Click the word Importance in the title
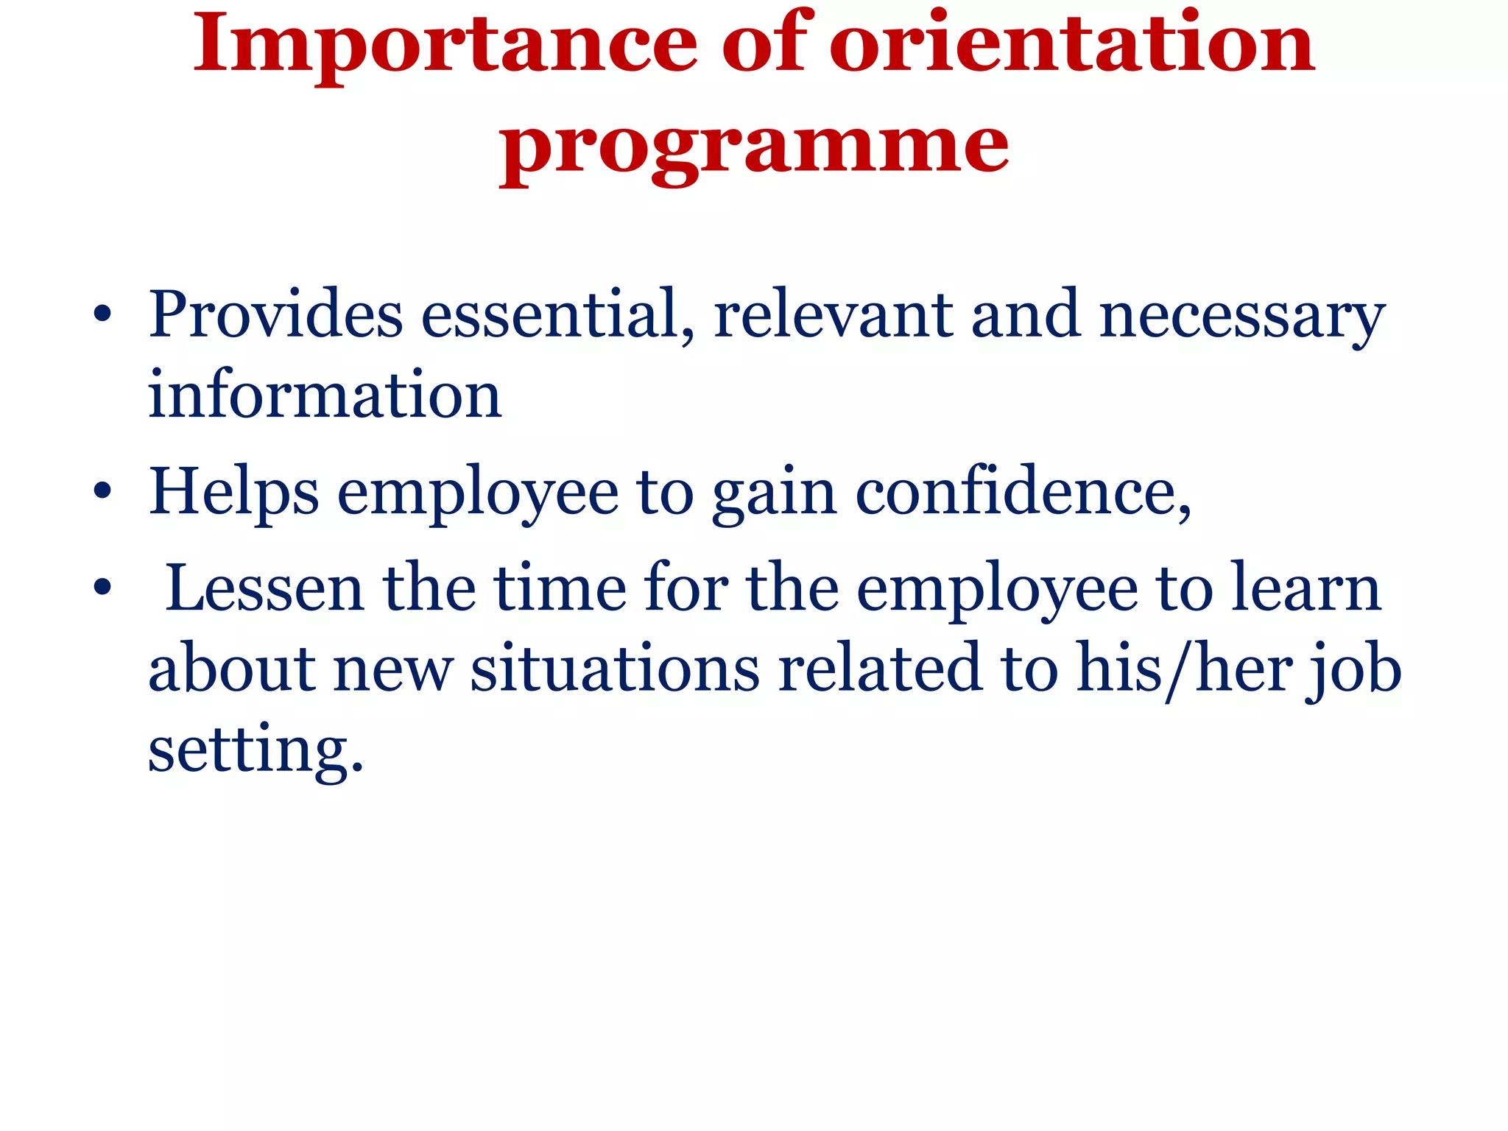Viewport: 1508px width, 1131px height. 445,46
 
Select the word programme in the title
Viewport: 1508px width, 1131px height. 754,147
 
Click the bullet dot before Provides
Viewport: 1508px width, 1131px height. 102,316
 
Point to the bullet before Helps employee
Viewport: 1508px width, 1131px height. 102,493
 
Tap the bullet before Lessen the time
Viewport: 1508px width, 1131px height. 102,588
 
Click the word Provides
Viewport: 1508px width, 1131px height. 275,315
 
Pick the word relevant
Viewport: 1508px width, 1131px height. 834,315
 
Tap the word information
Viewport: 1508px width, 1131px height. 325,396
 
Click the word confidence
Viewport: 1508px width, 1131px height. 1022,492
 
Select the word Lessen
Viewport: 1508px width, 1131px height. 266,588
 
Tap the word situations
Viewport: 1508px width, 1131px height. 615,669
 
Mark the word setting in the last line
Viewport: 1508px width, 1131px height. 256,751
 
